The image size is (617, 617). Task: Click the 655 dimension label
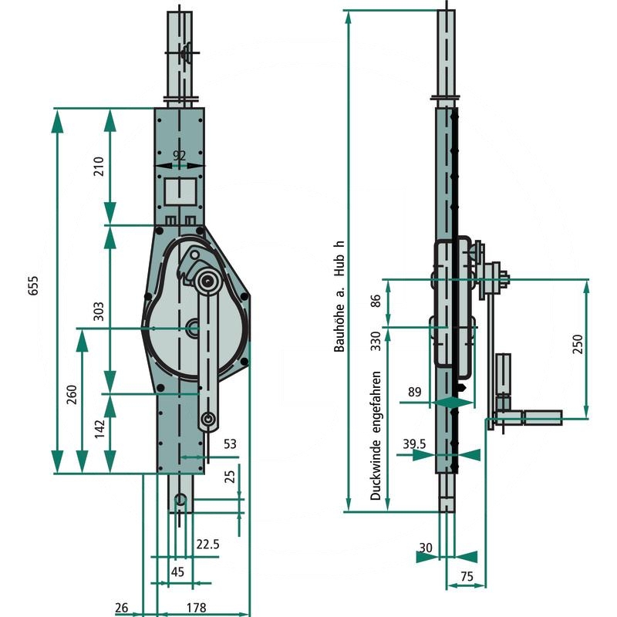point(33,285)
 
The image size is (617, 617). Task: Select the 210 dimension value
point(99,166)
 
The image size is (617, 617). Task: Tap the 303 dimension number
point(99,312)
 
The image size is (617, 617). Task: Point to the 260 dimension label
point(72,395)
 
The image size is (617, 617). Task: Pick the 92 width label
point(180,156)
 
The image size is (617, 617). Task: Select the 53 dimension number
point(230,444)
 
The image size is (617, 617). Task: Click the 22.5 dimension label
point(207,545)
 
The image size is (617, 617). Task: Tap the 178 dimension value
point(197,608)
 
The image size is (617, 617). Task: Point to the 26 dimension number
point(122,608)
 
